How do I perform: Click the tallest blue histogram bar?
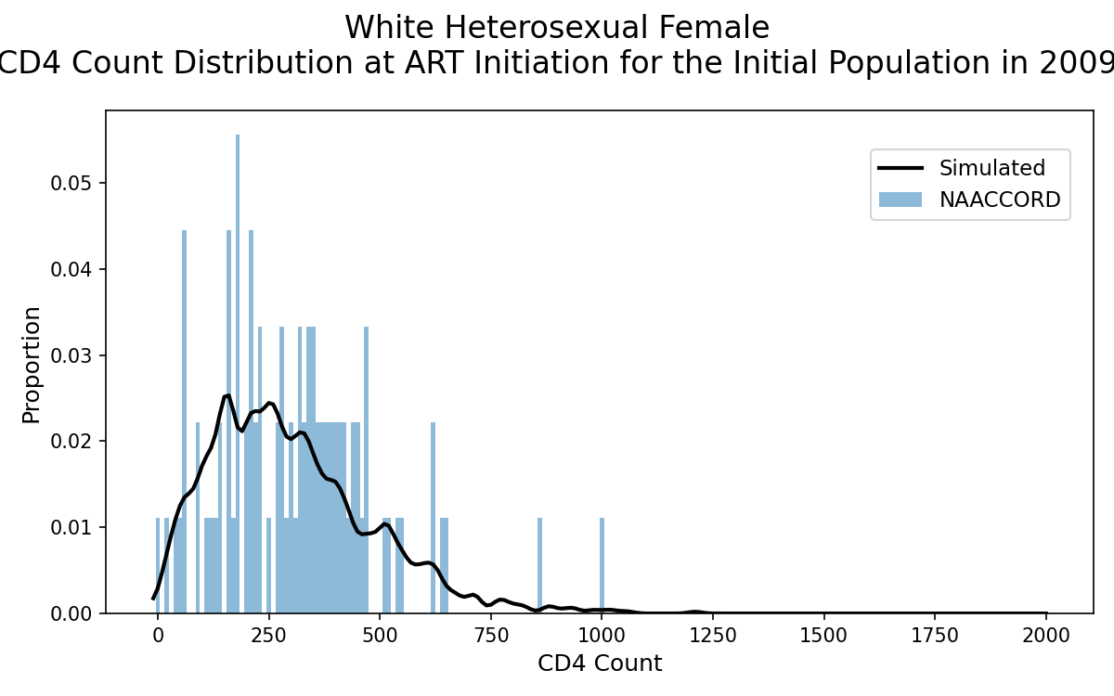click(238, 373)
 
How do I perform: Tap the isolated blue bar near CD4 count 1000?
click(602, 565)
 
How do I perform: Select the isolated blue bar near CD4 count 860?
click(539, 565)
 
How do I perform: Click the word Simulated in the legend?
click(992, 168)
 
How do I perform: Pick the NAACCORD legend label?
click(1000, 200)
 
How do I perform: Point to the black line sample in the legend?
click(900, 168)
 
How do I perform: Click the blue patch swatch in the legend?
click(900, 200)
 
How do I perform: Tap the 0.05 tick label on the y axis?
click(71, 183)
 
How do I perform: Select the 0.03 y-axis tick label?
click(71, 355)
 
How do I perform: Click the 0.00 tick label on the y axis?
click(71, 613)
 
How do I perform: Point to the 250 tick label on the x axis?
click(268, 636)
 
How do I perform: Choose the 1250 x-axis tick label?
click(713, 636)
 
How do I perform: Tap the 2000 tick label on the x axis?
click(1046, 636)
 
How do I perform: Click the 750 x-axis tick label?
click(491, 636)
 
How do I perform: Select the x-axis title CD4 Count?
click(600, 664)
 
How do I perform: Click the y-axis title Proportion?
click(31, 366)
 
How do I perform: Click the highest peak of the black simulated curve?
click(227, 395)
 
